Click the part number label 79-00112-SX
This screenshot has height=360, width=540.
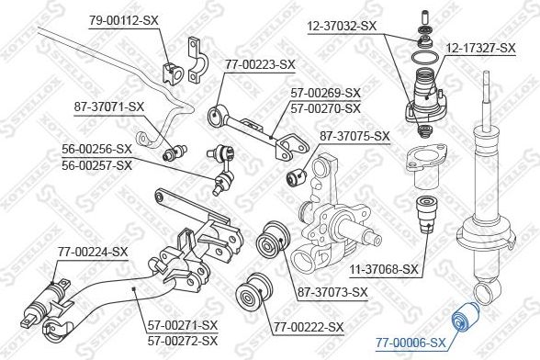click(124, 20)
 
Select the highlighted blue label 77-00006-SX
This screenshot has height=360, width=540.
click(411, 343)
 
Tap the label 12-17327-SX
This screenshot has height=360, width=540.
click(481, 48)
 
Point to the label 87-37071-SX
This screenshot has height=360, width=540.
click(108, 107)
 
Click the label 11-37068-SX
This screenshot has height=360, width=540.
click(384, 269)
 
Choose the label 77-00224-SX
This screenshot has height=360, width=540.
click(93, 252)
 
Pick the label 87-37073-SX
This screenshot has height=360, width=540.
click(333, 293)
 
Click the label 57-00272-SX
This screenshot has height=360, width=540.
click(183, 341)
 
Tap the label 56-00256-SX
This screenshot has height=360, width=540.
click(96, 149)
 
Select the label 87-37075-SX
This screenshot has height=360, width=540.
click(354, 136)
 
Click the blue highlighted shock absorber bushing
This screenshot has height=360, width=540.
click(464, 315)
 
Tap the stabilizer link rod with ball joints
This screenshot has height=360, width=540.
click(222, 170)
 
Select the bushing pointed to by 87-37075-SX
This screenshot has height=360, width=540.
click(297, 176)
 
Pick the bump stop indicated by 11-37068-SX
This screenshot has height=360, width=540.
click(427, 214)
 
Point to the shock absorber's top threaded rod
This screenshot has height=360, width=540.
click(487, 100)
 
